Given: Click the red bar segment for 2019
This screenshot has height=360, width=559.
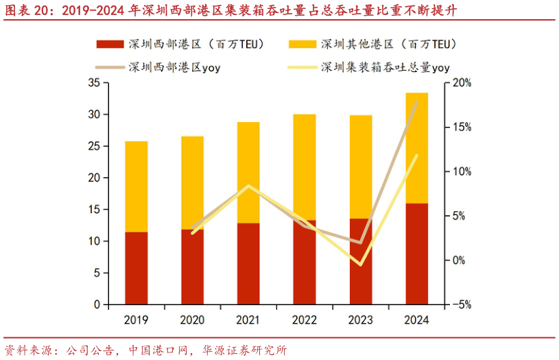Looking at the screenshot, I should [136, 268].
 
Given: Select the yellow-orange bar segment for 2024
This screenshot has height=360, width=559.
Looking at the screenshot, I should [416, 147].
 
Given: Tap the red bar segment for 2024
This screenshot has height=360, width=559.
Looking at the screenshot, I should [416, 254].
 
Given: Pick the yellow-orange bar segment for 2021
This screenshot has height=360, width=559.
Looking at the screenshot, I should [248, 172].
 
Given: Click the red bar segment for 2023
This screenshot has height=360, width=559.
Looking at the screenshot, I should [360, 261].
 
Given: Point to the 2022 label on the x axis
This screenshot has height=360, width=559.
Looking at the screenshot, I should [304, 320].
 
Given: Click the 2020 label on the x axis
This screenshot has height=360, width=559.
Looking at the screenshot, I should [192, 320].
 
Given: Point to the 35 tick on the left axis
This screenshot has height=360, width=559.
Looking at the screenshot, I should [95, 83].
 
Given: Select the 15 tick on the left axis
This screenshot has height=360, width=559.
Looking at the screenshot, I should [95, 210].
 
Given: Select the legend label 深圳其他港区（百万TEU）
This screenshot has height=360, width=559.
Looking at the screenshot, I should [388, 45].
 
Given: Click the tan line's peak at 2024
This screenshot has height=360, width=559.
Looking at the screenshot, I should [416, 102].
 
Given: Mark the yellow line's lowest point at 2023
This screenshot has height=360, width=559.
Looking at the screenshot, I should [360, 264].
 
